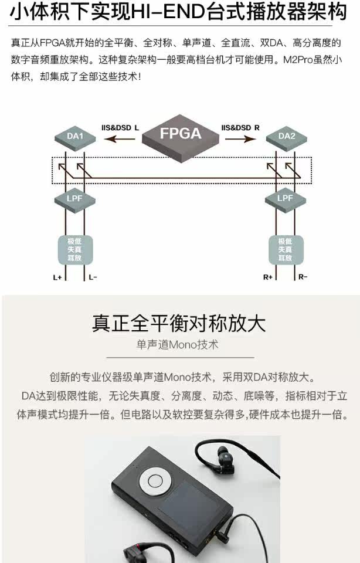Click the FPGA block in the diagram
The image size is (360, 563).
(180, 134)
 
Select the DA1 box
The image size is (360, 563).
(75, 137)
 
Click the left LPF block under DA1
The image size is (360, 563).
(75, 198)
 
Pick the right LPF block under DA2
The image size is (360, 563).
(285, 198)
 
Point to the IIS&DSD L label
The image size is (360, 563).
(120, 127)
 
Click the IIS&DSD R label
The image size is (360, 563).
(240, 127)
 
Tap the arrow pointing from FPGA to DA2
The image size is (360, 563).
(240, 140)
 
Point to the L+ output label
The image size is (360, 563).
(57, 277)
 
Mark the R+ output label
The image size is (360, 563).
(268, 277)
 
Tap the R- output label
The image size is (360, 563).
(303, 277)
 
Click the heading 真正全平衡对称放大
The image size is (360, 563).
(179, 323)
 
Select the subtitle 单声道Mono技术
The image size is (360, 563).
(179, 345)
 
